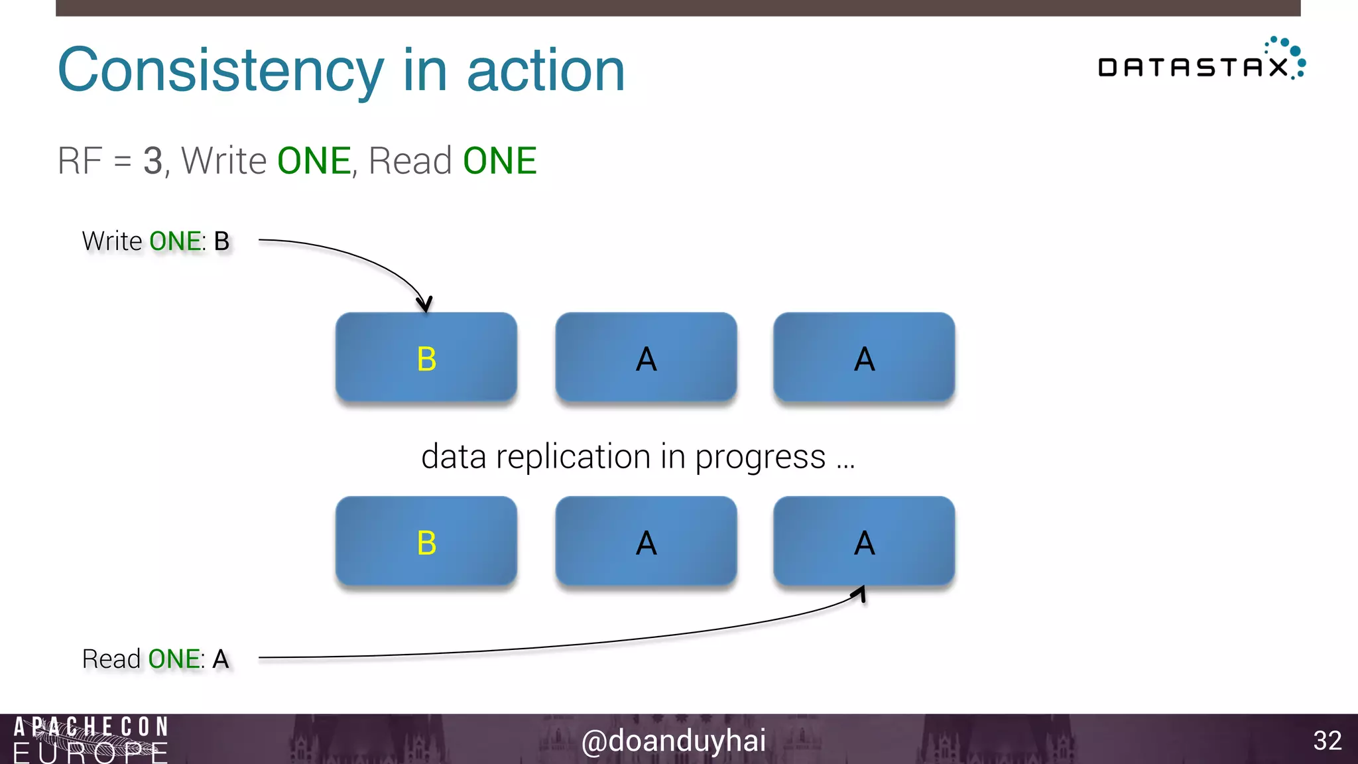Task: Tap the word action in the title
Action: point(546,70)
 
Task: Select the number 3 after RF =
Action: point(153,161)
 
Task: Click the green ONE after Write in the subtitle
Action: point(314,161)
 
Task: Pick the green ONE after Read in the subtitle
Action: point(499,161)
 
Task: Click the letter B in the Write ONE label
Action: point(221,241)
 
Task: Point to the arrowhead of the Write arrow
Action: point(424,304)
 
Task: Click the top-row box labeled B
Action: point(426,357)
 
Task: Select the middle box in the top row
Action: point(646,357)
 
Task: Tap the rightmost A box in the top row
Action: point(864,357)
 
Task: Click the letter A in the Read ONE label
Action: point(220,659)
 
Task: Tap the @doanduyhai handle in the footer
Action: point(673,741)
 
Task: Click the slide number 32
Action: point(1327,741)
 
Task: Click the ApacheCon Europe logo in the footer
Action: point(91,739)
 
